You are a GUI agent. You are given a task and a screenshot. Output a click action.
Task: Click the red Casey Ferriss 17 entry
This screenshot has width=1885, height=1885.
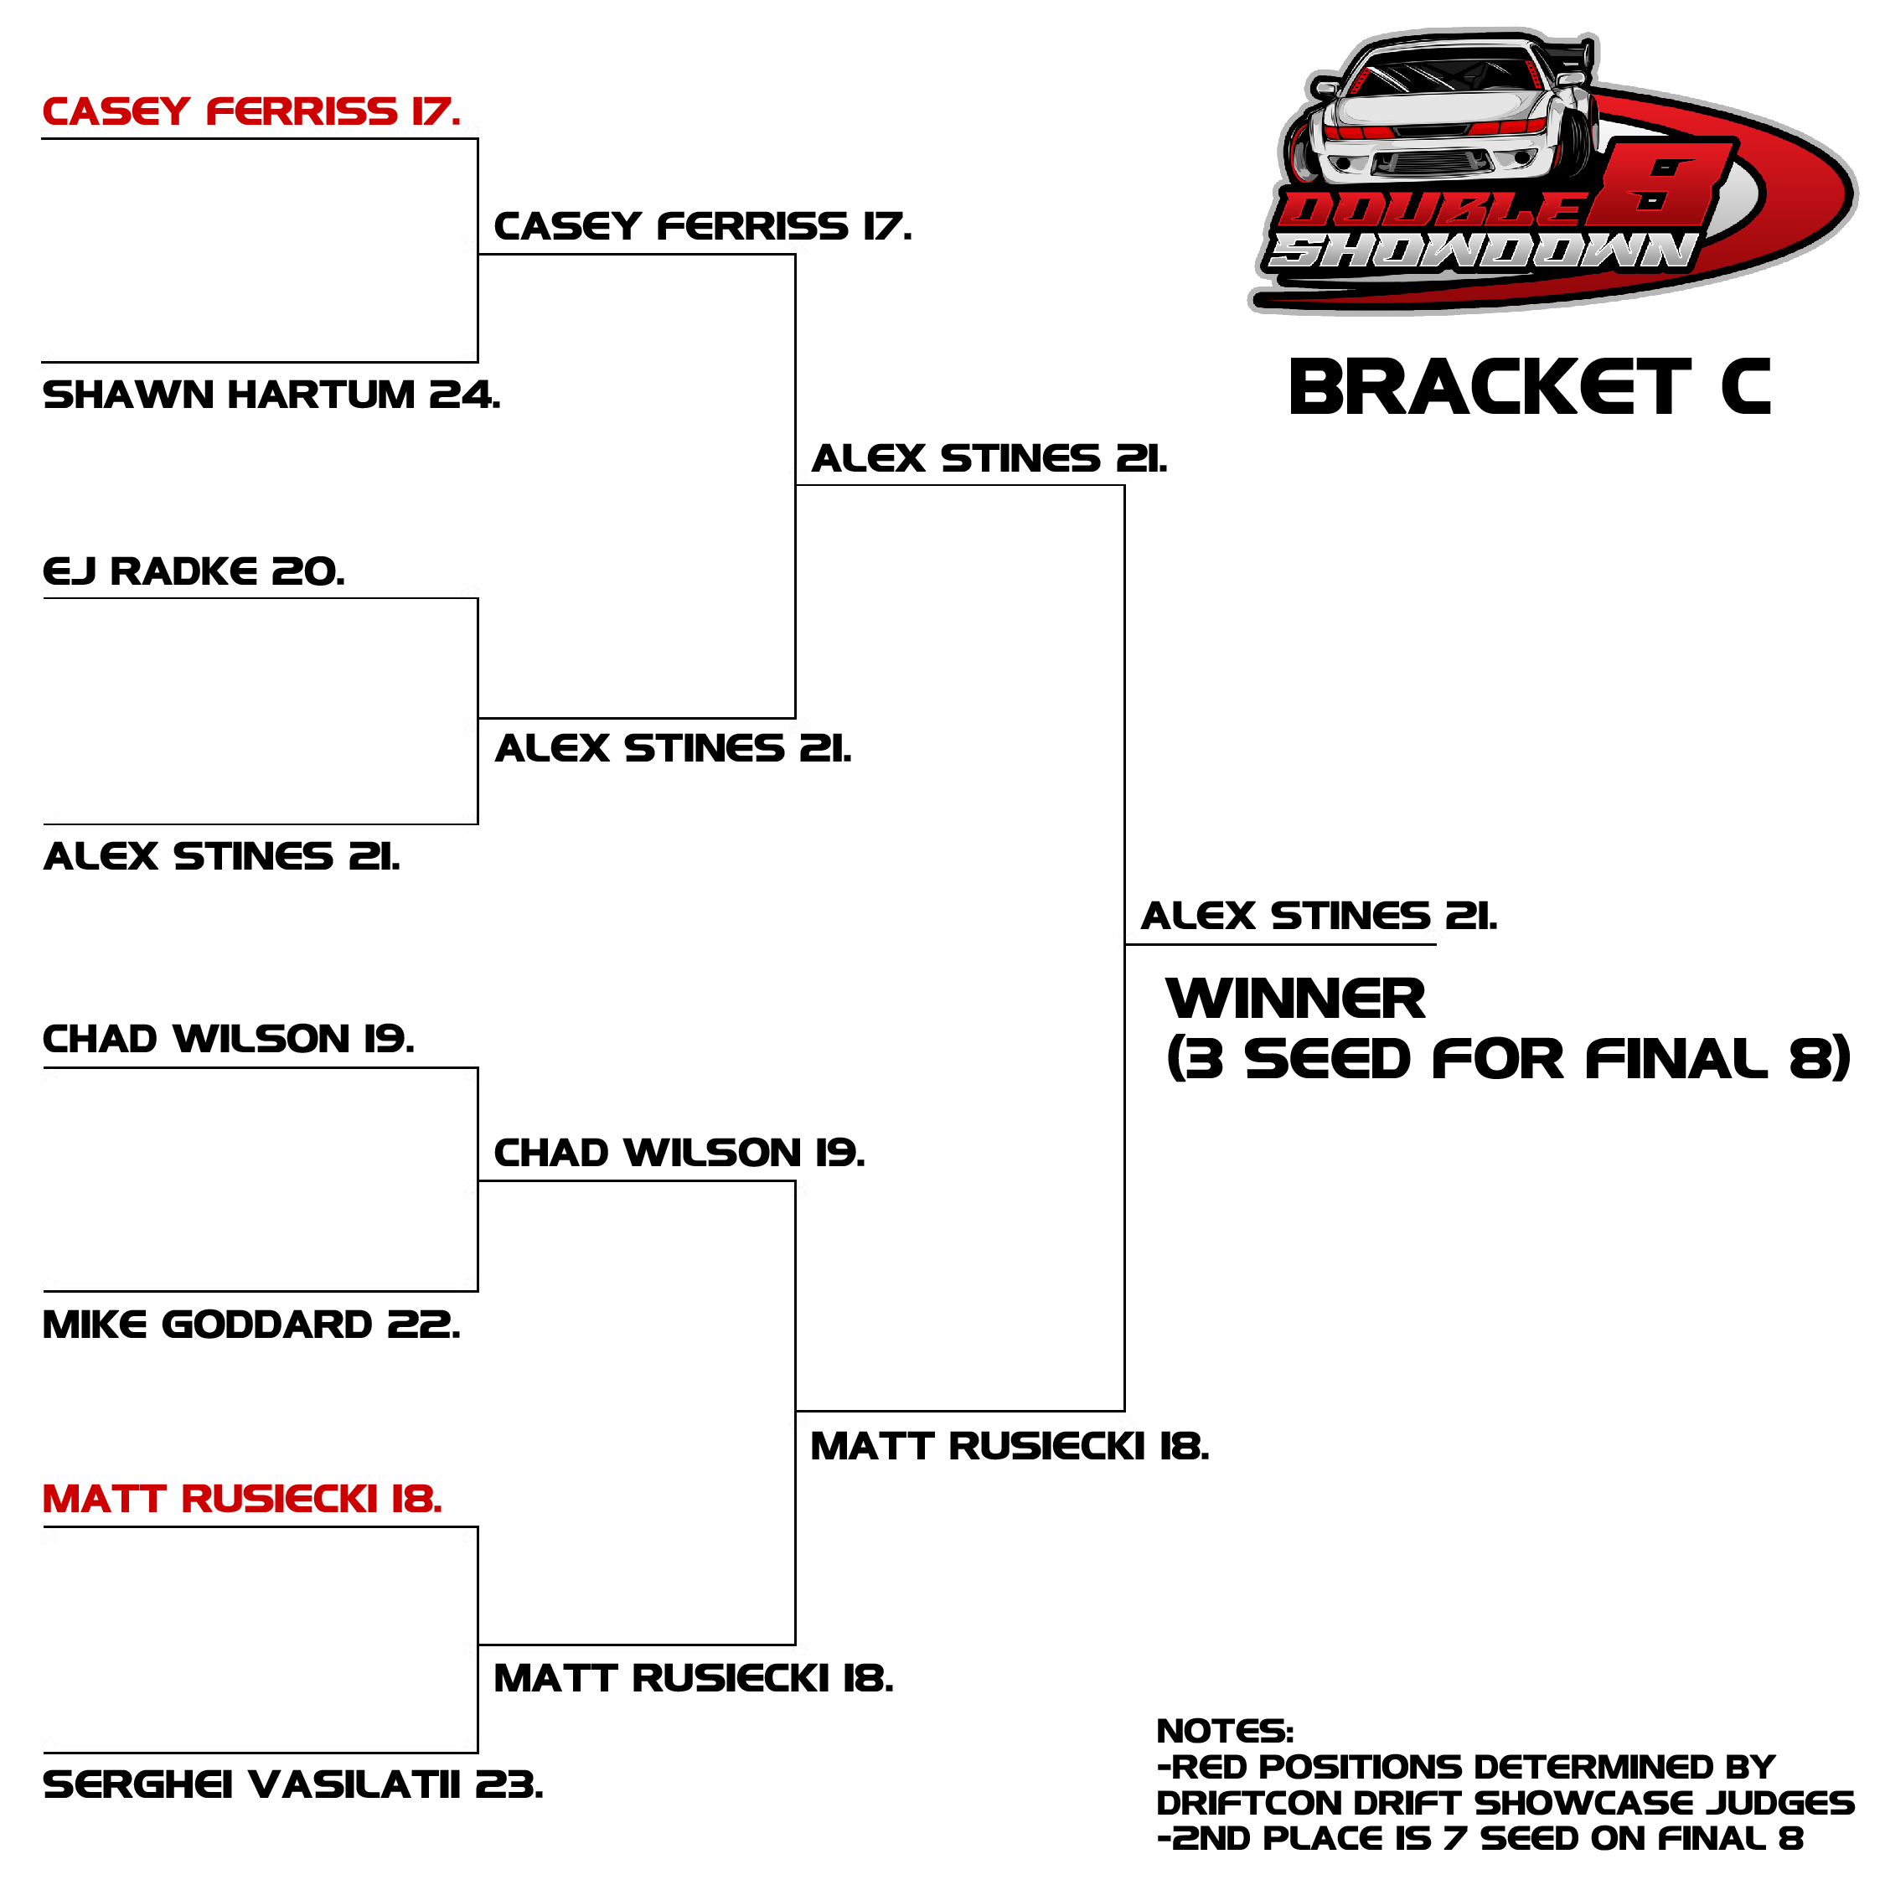coord(250,112)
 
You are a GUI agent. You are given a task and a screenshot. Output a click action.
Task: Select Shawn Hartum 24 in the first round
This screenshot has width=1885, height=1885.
coord(271,395)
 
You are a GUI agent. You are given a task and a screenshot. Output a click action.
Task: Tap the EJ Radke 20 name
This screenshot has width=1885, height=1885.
coord(194,571)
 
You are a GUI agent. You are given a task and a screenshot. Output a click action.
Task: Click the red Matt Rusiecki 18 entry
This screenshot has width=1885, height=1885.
coord(242,1499)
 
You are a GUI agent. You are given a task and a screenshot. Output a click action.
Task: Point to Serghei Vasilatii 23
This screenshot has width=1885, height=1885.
coord(292,1784)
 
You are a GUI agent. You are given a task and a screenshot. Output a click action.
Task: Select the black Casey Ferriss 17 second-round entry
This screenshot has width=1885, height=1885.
coord(703,226)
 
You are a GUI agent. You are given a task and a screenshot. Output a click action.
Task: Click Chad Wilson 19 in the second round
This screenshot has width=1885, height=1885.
coord(679,1154)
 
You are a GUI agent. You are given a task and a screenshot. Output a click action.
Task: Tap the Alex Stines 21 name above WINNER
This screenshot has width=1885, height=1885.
coord(1319,917)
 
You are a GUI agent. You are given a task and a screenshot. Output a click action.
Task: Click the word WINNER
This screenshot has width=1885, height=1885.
coord(1296,999)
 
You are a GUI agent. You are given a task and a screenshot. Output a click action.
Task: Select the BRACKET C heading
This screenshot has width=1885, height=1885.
coord(1529,387)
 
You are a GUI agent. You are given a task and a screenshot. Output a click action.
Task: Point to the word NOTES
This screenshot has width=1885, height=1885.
coord(1225,1731)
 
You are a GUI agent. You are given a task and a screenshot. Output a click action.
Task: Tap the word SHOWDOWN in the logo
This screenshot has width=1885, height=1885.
coord(1481,250)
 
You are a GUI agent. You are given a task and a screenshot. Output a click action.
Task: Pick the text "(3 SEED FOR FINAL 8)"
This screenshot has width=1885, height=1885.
coord(1508,1060)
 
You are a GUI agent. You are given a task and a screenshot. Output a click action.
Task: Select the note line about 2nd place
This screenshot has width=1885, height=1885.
coord(1480,1838)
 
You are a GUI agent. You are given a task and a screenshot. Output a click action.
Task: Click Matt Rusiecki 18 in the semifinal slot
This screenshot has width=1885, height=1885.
coord(1010,1446)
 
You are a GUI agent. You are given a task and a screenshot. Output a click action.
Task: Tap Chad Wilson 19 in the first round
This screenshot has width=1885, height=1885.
coord(229,1039)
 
